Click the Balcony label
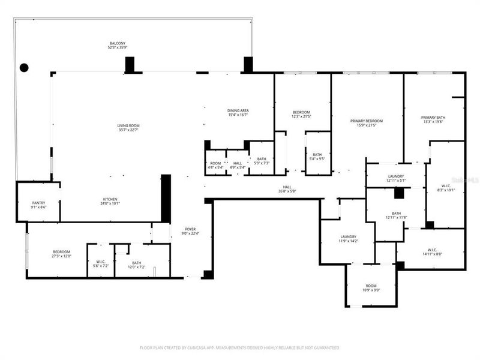coord(117,44)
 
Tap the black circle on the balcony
coord(24,67)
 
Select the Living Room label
coord(128,125)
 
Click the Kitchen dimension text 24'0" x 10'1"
coord(110,203)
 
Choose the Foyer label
coord(190,229)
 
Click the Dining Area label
coord(238,111)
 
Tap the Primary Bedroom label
coord(366,121)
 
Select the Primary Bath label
coord(433,118)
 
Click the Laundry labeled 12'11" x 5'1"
coord(396,178)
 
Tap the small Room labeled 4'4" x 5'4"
coord(214,165)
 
